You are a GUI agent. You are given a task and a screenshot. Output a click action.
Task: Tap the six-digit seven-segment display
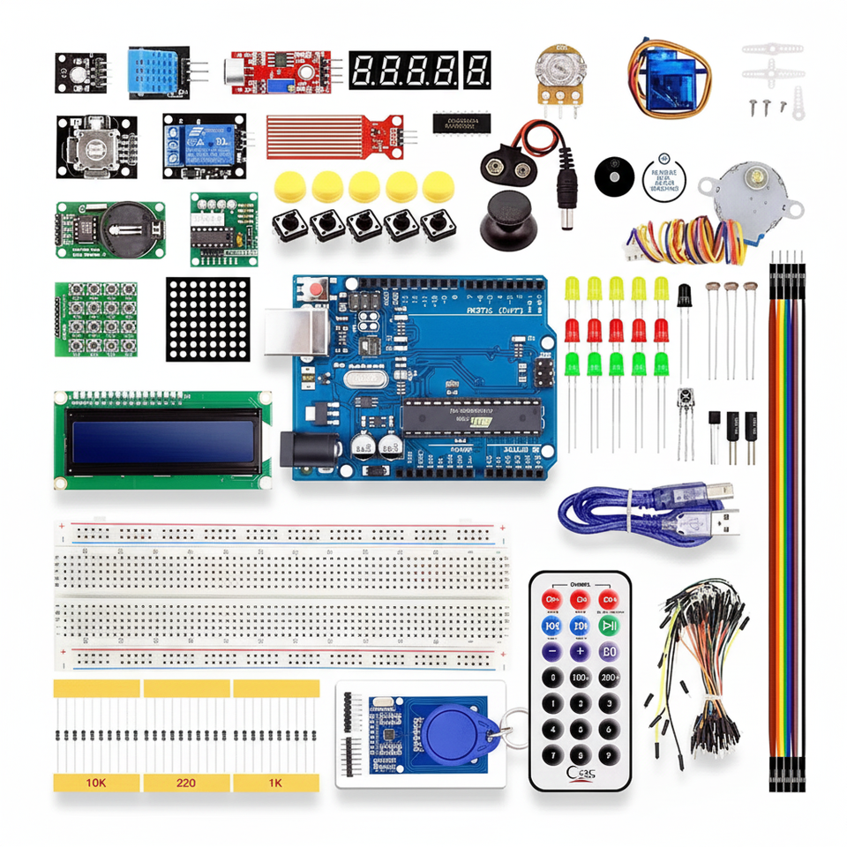419,69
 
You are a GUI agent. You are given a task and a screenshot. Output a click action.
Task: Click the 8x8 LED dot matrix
207,319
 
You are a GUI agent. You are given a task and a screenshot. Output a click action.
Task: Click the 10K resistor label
96,783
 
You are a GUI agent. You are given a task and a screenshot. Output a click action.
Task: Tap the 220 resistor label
186,783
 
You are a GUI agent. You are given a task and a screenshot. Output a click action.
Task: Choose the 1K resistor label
275,783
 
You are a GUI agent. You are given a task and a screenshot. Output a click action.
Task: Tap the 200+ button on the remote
609,678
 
